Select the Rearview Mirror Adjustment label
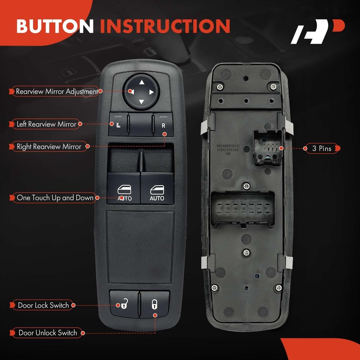(57, 91)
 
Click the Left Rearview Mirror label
(46, 124)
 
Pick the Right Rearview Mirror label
(49, 146)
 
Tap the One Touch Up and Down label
(55, 198)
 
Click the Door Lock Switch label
(43, 305)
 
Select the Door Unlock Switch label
(47, 333)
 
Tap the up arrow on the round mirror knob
(141, 82)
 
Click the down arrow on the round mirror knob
(141, 101)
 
